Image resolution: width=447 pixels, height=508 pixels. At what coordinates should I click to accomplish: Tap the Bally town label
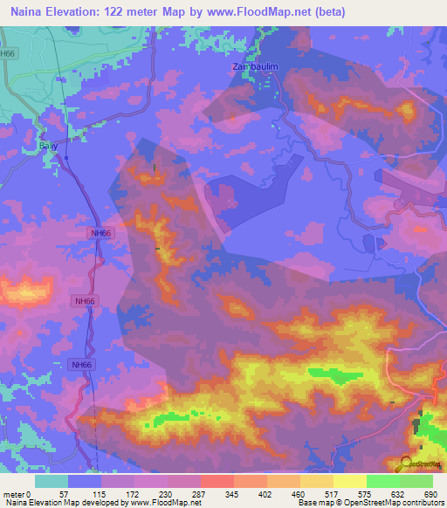(48, 147)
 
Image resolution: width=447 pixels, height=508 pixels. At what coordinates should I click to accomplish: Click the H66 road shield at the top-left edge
(8, 53)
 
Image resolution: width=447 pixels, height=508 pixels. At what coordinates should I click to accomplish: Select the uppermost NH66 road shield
(101, 233)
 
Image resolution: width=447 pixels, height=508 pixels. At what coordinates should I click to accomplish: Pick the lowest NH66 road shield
(80, 365)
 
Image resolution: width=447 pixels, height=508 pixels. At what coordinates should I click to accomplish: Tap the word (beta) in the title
(327, 12)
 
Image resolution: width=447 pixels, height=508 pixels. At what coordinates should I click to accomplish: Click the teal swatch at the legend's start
(52, 481)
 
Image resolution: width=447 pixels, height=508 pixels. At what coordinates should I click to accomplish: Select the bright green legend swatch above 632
(383, 481)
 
